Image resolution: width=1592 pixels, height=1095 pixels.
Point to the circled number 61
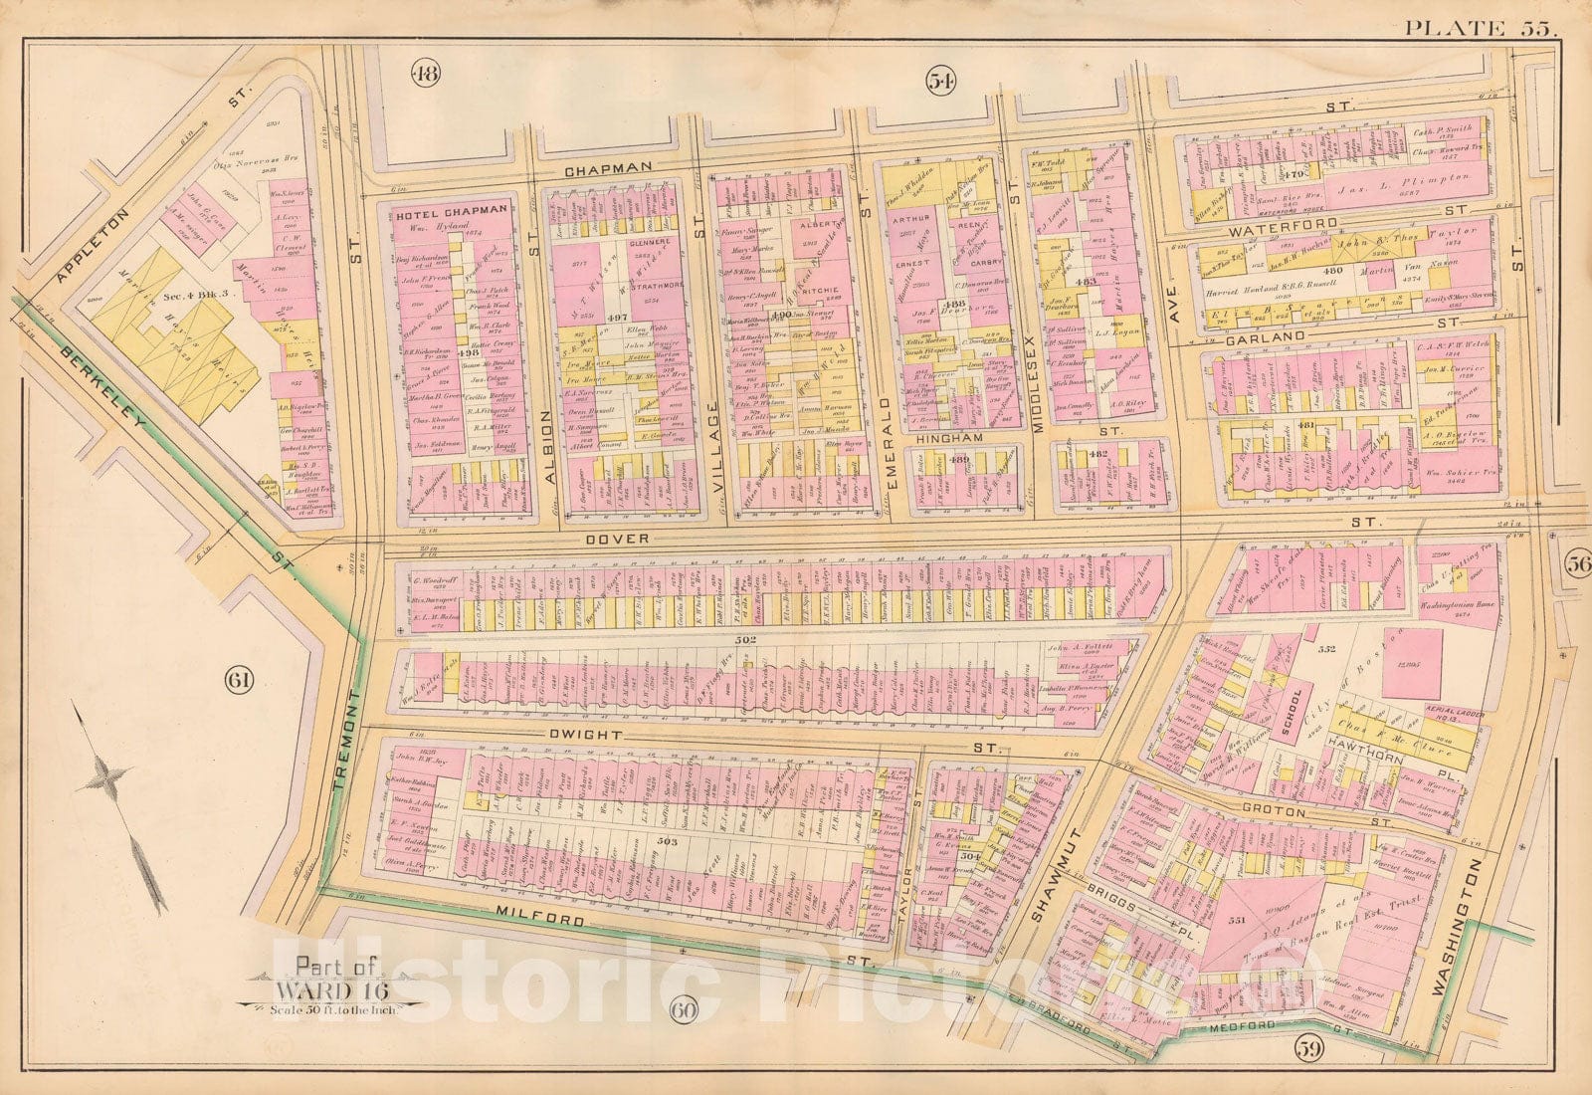click(x=242, y=681)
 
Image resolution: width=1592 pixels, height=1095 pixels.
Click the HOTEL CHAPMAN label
click(x=453, y=211)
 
